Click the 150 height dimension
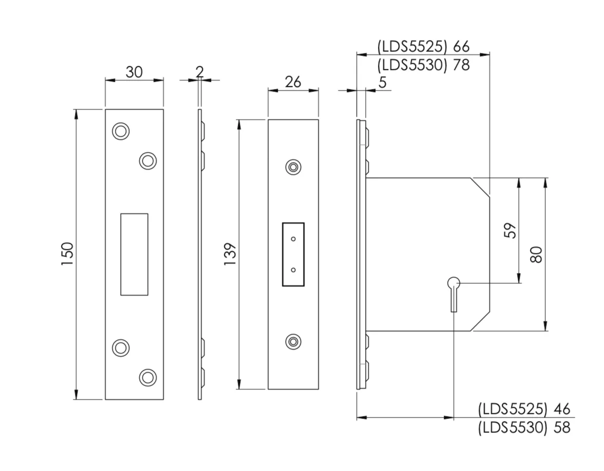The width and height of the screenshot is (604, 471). [67, 254]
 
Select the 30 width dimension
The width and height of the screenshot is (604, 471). [134, 72]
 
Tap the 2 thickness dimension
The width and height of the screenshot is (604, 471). [199, 72]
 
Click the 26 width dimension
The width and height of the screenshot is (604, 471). [293, 82]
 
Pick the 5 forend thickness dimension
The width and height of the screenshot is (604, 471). [382, 82]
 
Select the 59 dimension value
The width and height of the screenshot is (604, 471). [509, 230]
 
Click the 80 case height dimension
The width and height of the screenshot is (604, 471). [536, 254]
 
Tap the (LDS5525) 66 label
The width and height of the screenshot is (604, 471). [423, 47]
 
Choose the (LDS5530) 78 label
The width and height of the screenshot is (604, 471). [423, 65]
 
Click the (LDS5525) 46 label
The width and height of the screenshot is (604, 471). [524, 409]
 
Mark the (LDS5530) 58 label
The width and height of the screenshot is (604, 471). [524, 428]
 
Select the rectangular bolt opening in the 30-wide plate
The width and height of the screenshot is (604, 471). [134, 254]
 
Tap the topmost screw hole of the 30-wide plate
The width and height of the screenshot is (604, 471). [120, 131]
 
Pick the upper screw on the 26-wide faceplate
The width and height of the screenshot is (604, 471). [293, 167]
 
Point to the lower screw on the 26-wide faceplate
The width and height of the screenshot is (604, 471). [293, 341]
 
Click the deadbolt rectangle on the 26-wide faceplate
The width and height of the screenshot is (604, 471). [293, 254]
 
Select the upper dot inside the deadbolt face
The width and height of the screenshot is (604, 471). [293, 239]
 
